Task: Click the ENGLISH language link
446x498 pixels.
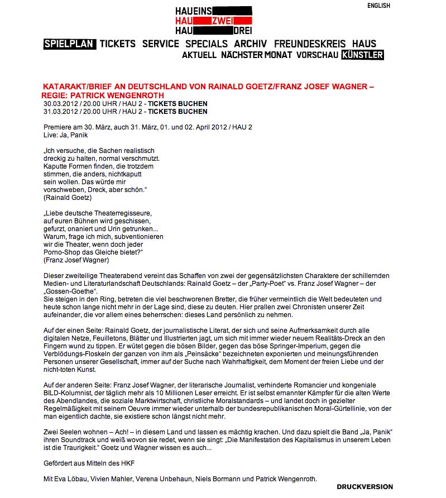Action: tap(378, 6)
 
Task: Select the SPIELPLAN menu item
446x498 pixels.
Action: tap(70, 44)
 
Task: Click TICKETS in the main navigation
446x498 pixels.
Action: tap(118, 44)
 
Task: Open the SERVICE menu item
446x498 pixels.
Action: tap(161, 44)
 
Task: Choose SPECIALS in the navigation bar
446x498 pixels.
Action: tap(207, 44)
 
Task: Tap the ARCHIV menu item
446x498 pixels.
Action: tap(251, 44)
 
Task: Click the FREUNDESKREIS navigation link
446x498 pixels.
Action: tap(310, 44)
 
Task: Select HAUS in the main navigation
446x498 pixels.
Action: tap(364, 44)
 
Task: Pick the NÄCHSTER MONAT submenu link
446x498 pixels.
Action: tap(256, 55)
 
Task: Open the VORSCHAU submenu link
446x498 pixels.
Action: tap(317, 55)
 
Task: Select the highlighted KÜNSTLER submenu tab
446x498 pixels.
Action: tap(362, 55)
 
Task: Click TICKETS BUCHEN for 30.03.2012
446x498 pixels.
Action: tap(178, 104)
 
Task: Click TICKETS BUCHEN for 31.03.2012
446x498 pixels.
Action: tap(178, 112)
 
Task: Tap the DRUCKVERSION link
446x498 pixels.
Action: tap(365, 487)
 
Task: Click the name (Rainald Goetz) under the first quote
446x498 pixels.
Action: tap(68, 198)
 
